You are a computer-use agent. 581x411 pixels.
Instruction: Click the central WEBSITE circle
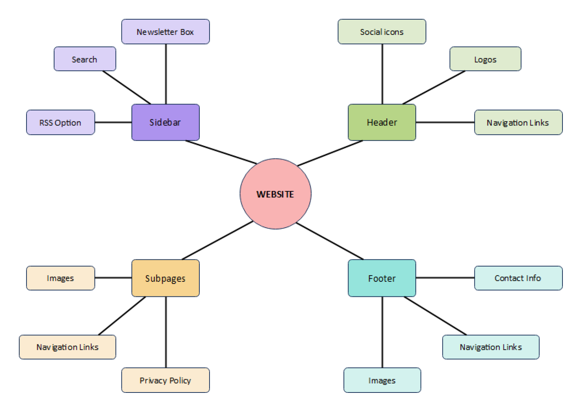(275, 194)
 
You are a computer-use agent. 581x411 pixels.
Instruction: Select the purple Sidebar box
(165, 122)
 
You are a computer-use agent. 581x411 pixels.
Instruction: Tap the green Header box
(382, 122)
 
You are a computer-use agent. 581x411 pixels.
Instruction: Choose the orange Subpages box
(165, 278)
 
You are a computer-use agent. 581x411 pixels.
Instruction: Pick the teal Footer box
(382, 278)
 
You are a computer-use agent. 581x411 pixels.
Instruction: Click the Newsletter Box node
(165, 32)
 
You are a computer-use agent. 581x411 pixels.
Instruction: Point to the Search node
(85, 59)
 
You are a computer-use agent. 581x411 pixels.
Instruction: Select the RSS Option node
(61, 122)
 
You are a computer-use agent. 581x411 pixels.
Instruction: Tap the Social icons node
(382, 32)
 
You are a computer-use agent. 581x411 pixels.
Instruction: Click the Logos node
(485, 59)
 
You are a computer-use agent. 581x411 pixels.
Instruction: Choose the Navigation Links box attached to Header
(518, 122)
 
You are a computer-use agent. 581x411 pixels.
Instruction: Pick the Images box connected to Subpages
(61, 278)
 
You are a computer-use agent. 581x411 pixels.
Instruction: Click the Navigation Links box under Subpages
(67, 347)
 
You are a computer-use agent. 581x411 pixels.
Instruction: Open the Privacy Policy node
(165, 380)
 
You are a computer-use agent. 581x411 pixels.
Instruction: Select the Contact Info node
(518, 278)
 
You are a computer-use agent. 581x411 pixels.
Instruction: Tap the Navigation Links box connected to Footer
(491, 347)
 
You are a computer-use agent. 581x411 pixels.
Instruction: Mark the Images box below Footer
(382, 380)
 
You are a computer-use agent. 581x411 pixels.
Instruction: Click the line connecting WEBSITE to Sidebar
(221, 152)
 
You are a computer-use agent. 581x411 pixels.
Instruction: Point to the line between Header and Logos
(434, 87)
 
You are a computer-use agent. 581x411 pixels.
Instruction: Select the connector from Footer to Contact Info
(445, 278)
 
